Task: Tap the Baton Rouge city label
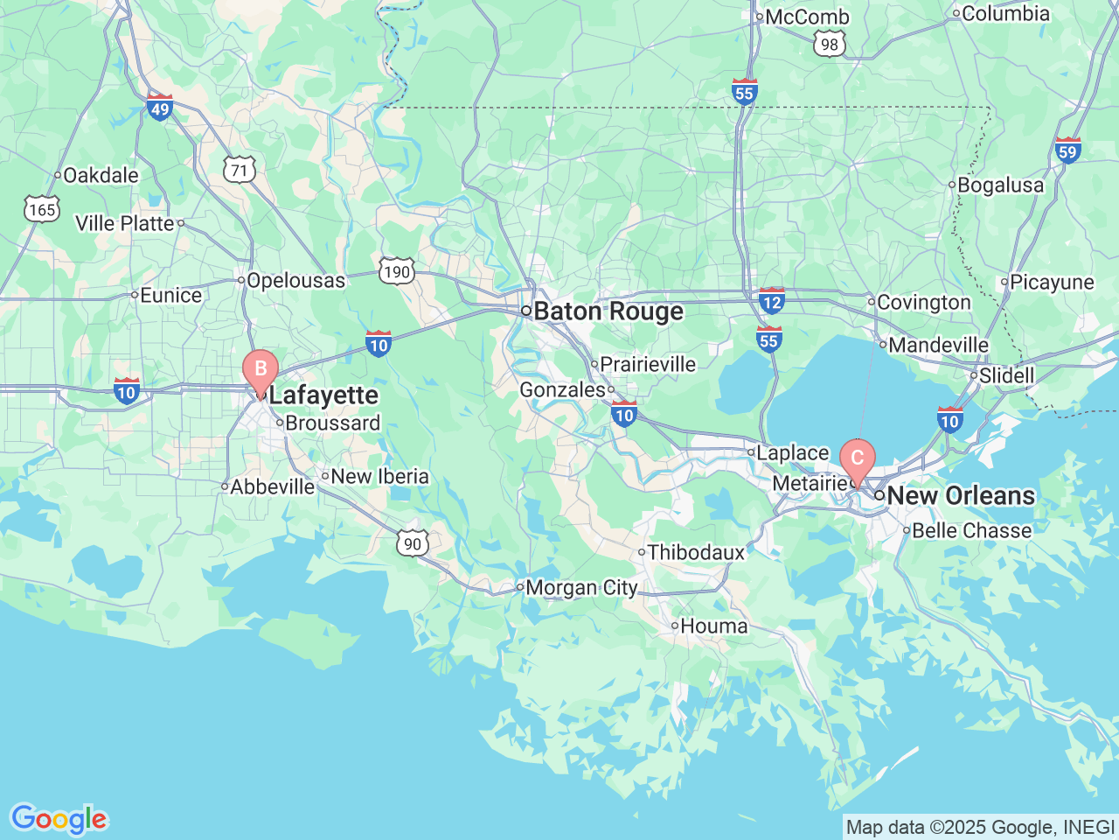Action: (x=608, y=311)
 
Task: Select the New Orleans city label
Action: (x=960, y=495)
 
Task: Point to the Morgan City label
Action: (x=581, y=588)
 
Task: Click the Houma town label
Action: (x=713, y=626)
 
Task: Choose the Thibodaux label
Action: (x=696, y=552)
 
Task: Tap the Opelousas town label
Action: (x=295, y=280)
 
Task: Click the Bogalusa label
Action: (x=1000, y=185)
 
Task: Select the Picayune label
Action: (x=1052, y=282)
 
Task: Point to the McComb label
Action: (x=806, y=17)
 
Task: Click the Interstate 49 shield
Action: (x=160, y=107)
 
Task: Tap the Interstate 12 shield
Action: (x=772, y=300)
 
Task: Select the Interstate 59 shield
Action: (x=1068, y=150)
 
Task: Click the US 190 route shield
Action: (x=397, y=271)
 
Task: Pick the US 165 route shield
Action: (x=41, y=209)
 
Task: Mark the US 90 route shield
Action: (x=413, y=543)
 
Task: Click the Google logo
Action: (x=59, y=820)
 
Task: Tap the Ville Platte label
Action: (x=125, y=223)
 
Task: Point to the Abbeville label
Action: (x=272, y=486)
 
